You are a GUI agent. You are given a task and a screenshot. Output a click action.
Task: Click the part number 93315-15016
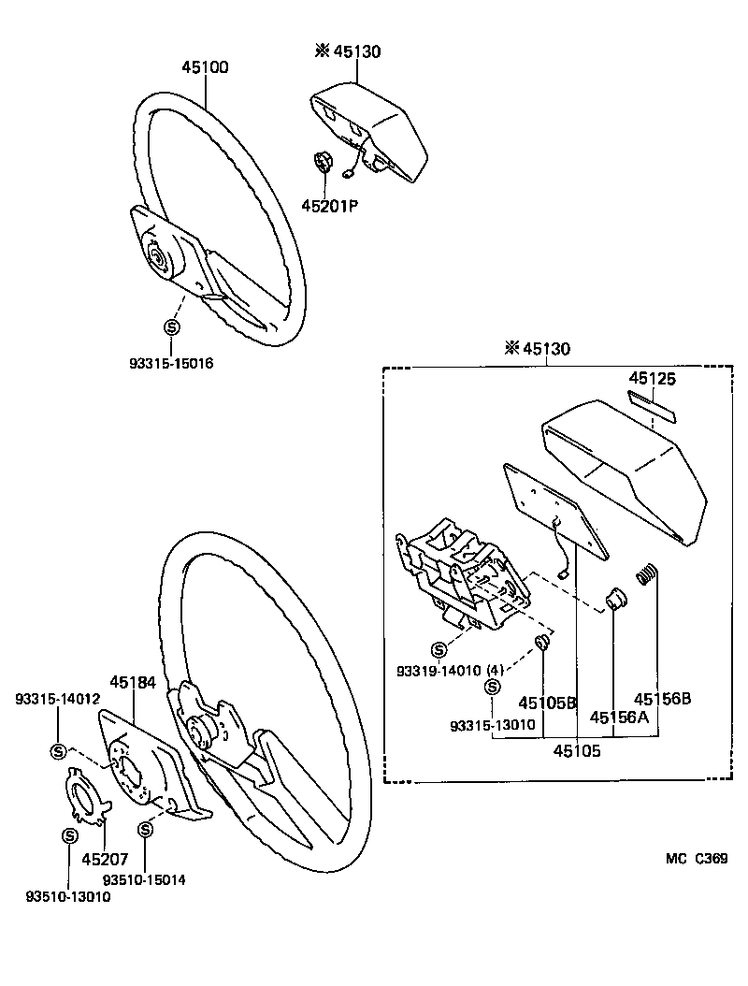pos(171,363)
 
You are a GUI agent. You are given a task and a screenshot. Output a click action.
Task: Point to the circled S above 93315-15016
pos(171,327)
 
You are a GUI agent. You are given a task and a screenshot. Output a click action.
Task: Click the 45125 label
pos(652,379)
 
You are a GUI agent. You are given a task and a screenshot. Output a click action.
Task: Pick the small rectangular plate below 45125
pos(652,405)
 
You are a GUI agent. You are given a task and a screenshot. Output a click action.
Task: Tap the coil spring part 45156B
pos(645,574)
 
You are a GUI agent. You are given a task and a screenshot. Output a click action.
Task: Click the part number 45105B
pos(547,703)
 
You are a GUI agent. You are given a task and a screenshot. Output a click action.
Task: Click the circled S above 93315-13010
pos(492,689)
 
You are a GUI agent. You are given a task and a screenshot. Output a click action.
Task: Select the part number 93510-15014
pos(145,880)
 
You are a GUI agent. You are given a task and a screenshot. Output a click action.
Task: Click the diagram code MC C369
pos(697,859)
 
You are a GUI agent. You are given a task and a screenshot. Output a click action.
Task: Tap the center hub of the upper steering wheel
pos(154,255)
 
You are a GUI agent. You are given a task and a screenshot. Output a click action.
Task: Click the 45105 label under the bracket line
pos(577,749)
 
